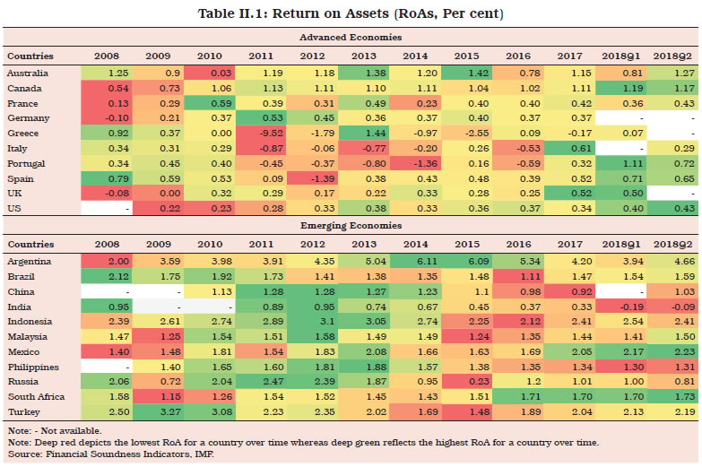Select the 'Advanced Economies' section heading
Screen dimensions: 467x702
[x=350, y=38]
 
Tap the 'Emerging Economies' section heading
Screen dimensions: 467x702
[x=350, y=226]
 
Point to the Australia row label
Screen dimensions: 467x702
[x=28, y=72]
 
